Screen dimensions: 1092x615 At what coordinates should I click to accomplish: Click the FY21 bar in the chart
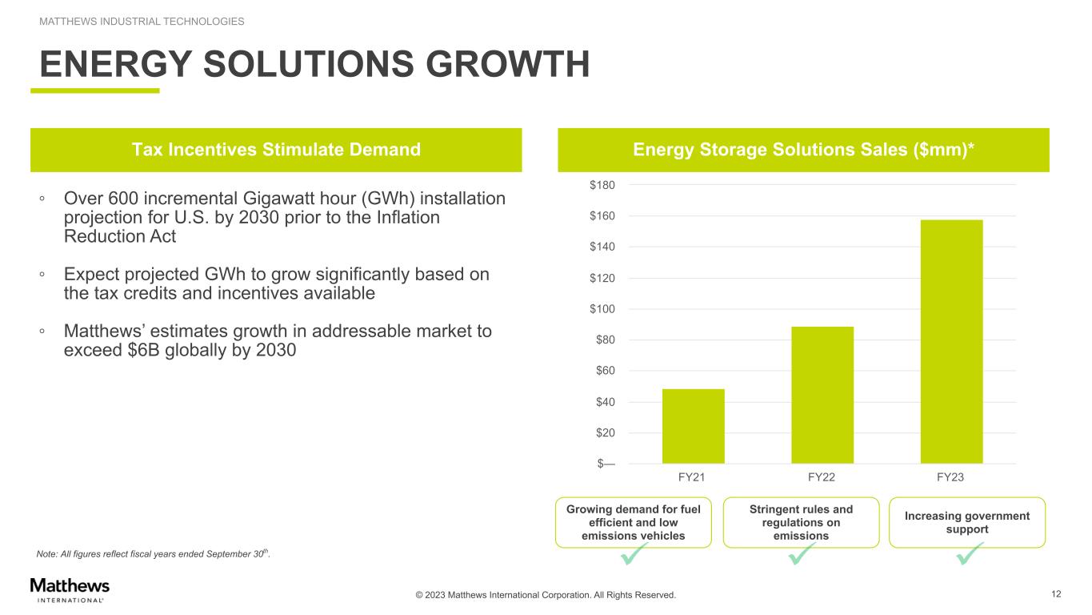[x=694, y=426]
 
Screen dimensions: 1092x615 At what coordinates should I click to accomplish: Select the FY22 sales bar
[x=822, y=395]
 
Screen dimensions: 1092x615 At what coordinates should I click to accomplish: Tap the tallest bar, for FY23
[x=952, y=342]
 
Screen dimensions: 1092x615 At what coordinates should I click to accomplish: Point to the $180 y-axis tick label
[x=602, y=185]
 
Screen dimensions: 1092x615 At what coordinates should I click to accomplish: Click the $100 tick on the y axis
[x=602, y=309]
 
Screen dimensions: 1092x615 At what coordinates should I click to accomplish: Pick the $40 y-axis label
[x=605, y=402]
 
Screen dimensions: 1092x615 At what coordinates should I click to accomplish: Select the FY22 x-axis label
[x=822, y=477]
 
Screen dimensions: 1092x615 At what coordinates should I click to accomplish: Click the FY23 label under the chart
[x=950, y=477]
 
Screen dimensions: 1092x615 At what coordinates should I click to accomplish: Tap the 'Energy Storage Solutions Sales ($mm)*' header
[x=803, y=150]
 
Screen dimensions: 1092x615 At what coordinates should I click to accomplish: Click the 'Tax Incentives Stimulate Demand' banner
[x=276, y=150]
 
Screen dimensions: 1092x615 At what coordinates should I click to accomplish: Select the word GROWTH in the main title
[x=507, y=64]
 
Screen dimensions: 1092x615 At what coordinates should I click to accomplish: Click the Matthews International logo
[x=70, y=590]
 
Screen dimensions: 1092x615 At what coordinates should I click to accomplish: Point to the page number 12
[x=1056, y=594]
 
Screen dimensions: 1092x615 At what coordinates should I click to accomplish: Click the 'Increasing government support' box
[x=967, y=523]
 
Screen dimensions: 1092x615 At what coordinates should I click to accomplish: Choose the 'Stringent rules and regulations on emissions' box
[x=801, y=523]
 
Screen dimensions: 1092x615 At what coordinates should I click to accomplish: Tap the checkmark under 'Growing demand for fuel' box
[x=634, y=554]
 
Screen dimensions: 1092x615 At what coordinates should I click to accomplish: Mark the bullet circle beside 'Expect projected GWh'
[x=42, y=275]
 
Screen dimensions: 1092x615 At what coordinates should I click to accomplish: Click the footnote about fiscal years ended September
[x=153, y=553]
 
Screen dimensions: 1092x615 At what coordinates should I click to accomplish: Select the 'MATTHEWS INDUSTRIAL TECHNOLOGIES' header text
[x=142, y=22]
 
